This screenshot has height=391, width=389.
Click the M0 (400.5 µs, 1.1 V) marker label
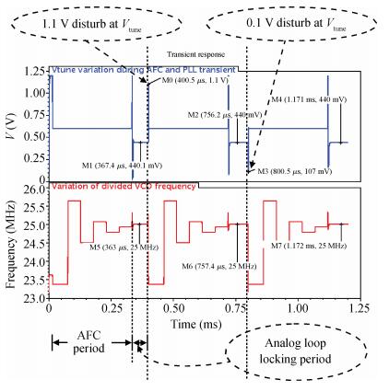pyautogui.click(x=195, y=81)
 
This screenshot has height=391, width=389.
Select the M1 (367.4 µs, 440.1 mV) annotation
pyautogui.click(x=122, y=166)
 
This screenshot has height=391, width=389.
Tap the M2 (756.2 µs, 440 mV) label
pyautogui.click(x=225, y=115)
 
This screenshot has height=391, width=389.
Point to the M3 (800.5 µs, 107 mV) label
pyautogui.click(x=294, y=171)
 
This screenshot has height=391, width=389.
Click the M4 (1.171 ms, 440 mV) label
pyautogui.click(x=309, y=99)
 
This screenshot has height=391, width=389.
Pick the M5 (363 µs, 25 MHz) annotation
pyautogui.click(x=124, y=247)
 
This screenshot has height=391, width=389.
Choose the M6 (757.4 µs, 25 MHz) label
pyautogui.click(x=219, y=266)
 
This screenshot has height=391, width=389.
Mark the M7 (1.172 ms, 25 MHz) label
pyautogui.click(x=309, y=246)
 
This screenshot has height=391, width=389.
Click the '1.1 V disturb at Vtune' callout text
pyautogui.click(x=91, y=25)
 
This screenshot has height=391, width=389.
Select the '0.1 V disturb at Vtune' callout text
pyautogui.click(x=296, y=24)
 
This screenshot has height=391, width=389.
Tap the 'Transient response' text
pyautogui.click(x=195, y=54)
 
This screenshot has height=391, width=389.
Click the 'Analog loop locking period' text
pyautogui.click(x=295, y=351)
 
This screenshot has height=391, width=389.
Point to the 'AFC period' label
pyautogui.click(x=88, y=341)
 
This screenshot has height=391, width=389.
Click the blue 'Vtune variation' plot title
pyautogui.click(x=144, y=70)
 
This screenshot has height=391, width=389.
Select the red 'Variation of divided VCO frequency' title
pyautogui.click(x=124, y=186)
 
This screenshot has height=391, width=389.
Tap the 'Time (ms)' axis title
pyautogui.click(x=196, y=324)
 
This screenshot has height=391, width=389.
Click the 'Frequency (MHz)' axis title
pyautogui.click(x=11, y=245)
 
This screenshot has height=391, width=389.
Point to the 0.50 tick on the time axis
pyautogui.click(x=174, y=308)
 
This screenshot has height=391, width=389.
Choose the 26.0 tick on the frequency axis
pyautogui.click(x=34, y=190)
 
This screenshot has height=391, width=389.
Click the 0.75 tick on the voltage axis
pyautogui.click(x=34, y=115)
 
